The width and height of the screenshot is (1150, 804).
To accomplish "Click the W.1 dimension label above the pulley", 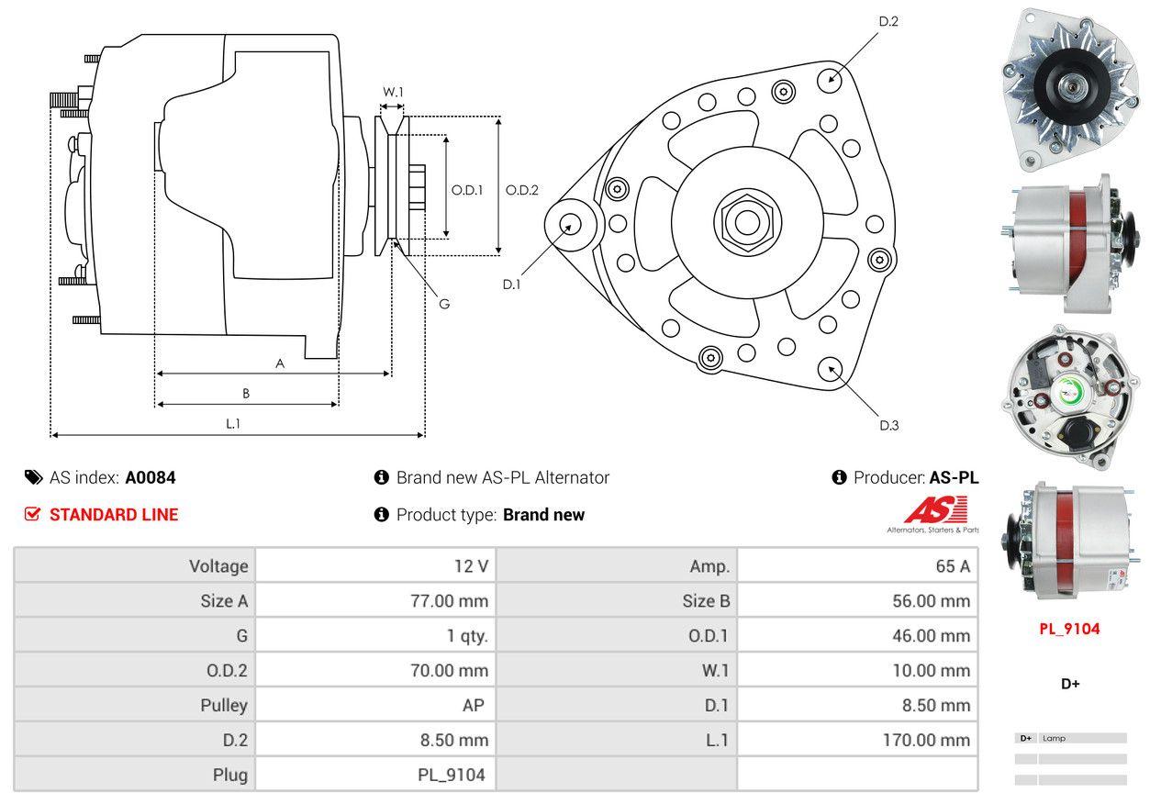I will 393,92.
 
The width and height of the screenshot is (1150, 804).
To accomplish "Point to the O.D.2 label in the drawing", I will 522,190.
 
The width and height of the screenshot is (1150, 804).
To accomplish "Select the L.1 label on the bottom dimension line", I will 233,423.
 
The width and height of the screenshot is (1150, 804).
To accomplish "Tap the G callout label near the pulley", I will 444,304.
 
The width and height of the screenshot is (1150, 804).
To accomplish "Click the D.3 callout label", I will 888,425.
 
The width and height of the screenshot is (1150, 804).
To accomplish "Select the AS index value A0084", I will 151,477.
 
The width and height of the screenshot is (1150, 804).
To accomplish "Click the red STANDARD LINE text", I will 114,515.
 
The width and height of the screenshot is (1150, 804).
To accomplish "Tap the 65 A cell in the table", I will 952,566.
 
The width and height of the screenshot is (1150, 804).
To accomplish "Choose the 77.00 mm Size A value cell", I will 449,601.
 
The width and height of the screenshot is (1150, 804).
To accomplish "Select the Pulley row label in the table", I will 224,706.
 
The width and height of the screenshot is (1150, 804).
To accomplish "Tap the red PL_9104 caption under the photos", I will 1069,629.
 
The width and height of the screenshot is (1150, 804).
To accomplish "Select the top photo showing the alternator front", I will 1069,89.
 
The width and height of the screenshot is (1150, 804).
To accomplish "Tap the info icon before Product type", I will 382,515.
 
